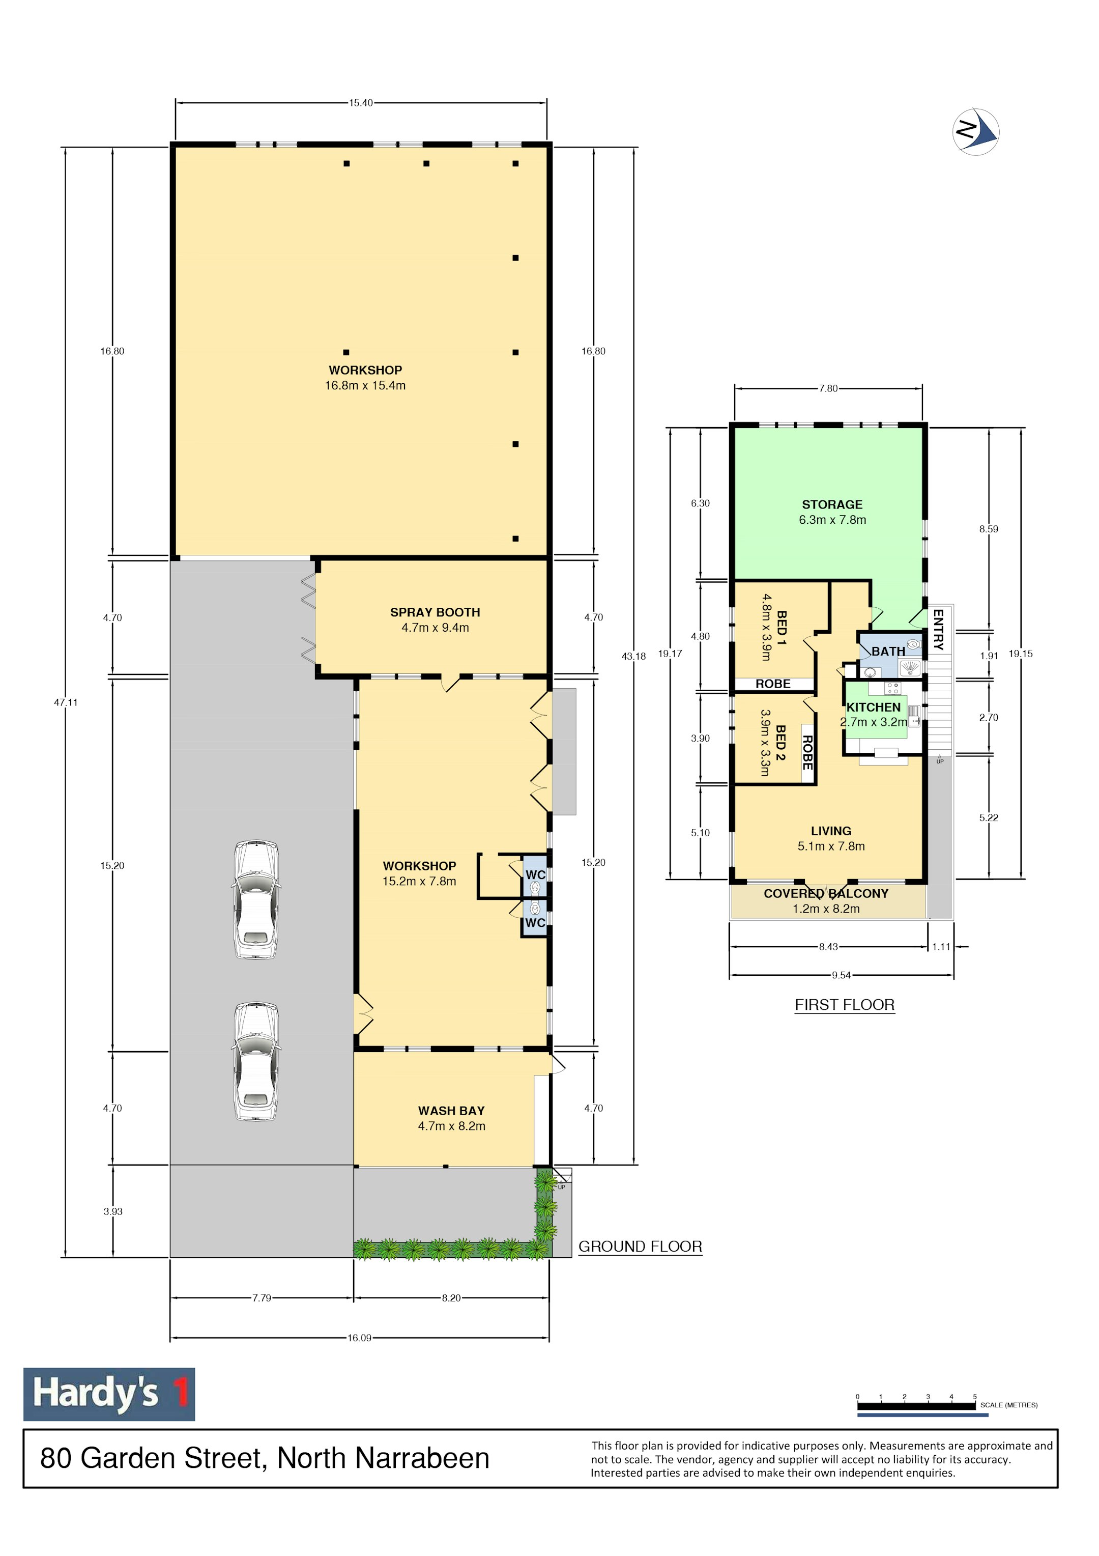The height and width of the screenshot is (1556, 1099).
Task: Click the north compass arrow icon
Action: (x=976, y=131)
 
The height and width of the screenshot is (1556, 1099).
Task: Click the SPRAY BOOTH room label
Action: (x=435, y=612)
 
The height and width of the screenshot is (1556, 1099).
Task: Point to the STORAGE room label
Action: (x=832, y=504)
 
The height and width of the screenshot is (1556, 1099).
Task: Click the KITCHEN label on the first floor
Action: (x=874, y=707)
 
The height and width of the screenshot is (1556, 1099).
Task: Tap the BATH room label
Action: (x=888, y=652)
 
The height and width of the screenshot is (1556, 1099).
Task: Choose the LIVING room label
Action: (x=831, y=831)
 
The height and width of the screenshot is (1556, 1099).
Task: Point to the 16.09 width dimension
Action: (x=360, y=1338)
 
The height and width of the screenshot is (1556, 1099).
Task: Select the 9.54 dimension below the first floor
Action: (x=841, y=975)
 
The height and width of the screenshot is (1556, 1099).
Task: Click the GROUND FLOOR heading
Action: (x=640, y=1247)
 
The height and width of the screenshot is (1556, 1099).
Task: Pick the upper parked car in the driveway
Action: (x=256, y=899)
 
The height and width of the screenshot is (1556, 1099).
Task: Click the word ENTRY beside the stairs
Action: (x=938, y=630)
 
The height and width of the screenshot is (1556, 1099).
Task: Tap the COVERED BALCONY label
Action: (x=826, y=893)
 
